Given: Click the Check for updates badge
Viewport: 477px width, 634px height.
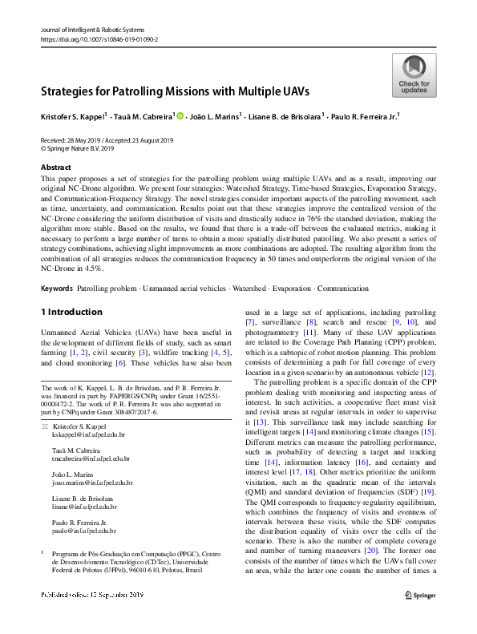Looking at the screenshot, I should point(414,76).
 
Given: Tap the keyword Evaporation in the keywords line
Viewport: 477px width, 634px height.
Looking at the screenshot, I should point(285,287).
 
